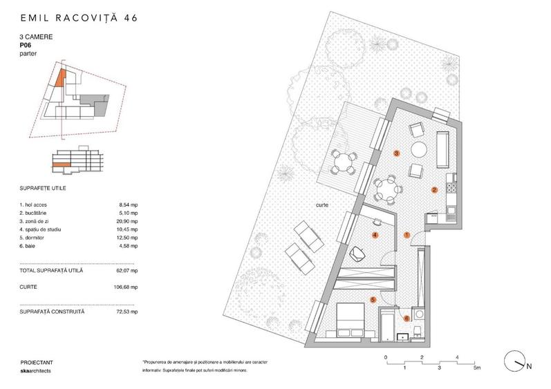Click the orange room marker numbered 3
pyautogui.click(x=396, y=153)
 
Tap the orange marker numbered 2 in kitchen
pyautogui.click(x=434, y=189)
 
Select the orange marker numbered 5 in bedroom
pyautogui.click(x=373, y=300)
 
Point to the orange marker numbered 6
pyautogui.click(x=407, y=319)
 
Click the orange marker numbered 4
pyautogui.click(x=375, y=236)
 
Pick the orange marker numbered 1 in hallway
pyautogui.click(x=407, y=236)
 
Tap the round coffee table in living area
pyautogui.click(x=420, y=149)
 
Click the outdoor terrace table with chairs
pyautogui.click(x=343, y=164)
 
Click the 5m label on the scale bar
pyautogui.click(x=477, y=368)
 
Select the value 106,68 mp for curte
pyautogui.click(x=127, y=285)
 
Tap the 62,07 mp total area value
pyautogui.click(x=128, y=270)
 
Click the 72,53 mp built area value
pyautogui.click(x=127, y=312)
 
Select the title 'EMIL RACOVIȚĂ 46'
pyautogui.click(x=79, y=17)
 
